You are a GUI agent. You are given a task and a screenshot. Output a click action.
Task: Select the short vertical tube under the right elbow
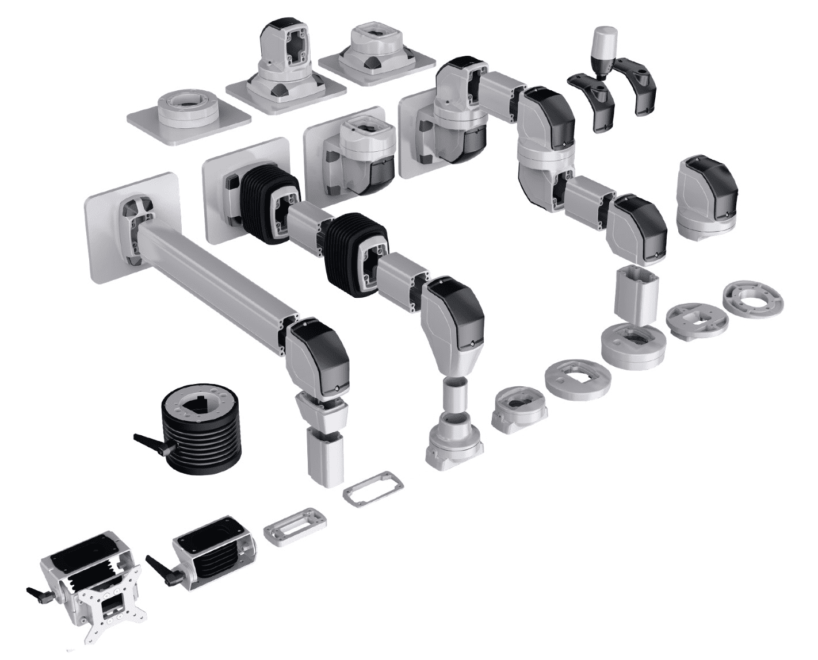636,293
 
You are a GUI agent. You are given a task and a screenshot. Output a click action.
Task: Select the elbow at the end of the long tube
319,356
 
